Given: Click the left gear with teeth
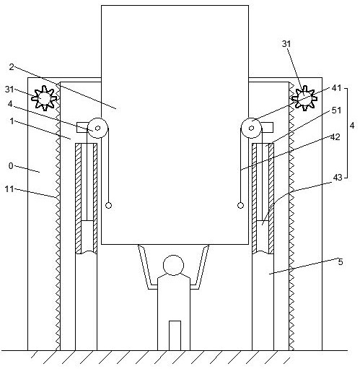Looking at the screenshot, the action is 45,98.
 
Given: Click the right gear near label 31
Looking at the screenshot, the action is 304,98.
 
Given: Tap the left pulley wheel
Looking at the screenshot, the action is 97,128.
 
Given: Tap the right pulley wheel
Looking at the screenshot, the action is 252,128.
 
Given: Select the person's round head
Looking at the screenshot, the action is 173,265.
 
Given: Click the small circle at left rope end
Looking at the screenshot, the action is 108,205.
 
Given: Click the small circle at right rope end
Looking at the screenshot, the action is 240,205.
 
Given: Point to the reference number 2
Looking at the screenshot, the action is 12,67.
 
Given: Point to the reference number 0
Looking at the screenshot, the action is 11,166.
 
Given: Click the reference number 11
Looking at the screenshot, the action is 9,189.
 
